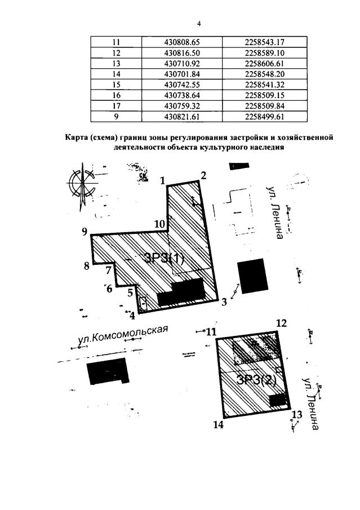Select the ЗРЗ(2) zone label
pos(257,379)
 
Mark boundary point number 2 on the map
pos(203,175)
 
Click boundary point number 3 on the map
pos(224,302)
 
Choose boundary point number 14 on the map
pos(219,425)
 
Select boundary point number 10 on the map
pos(159,224)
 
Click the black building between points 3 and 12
pos(251,274)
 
